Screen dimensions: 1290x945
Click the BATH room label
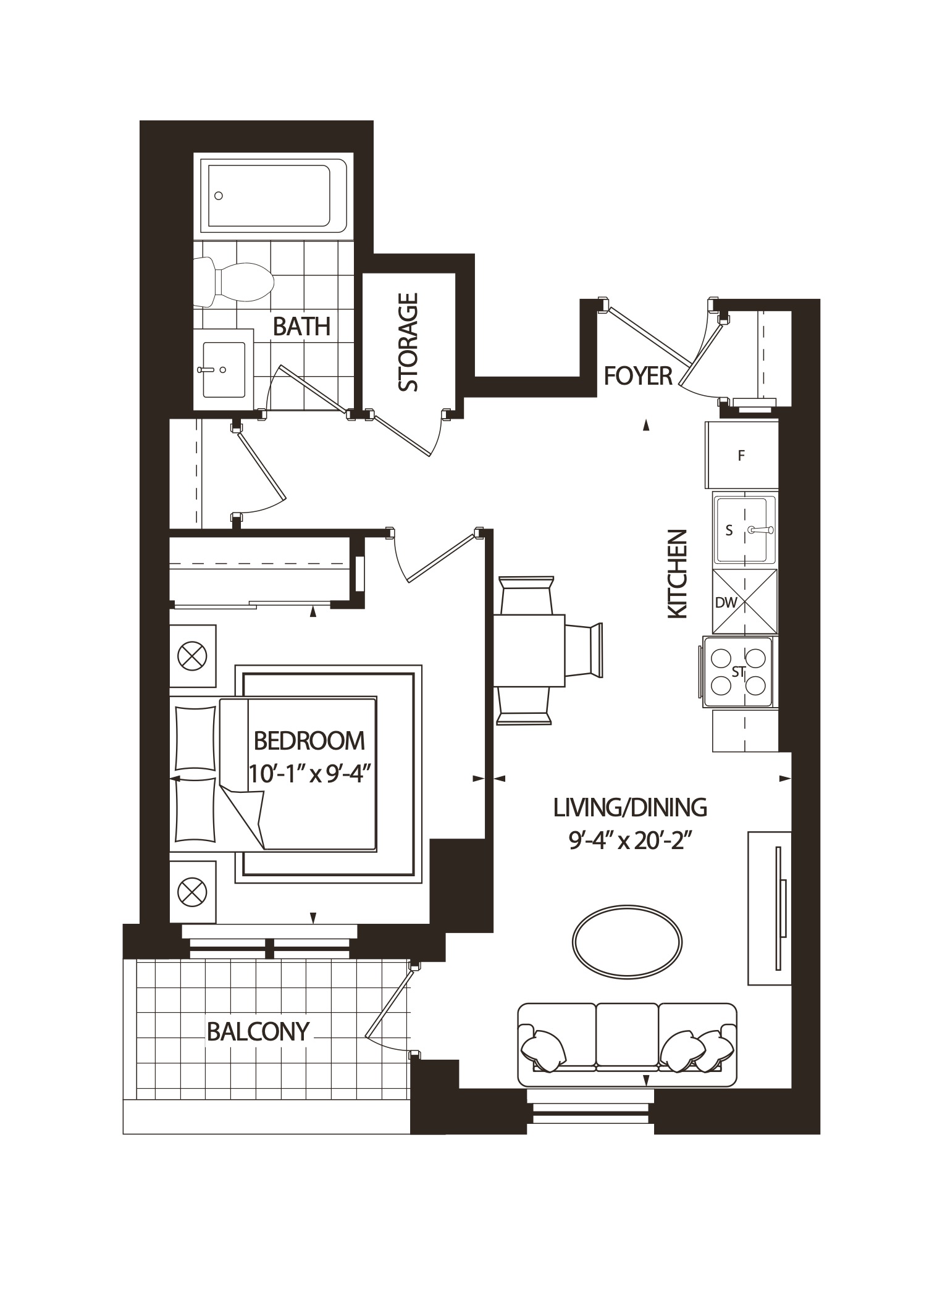(301, 326)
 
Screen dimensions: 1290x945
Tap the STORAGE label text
(408, 342)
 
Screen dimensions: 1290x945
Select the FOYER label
(637, 375)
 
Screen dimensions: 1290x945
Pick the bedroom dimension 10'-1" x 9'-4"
(311, 773)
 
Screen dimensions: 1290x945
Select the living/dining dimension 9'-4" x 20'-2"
(629, 841)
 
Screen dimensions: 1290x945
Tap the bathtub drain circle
(218, 196)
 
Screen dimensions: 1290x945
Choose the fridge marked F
(741, 456)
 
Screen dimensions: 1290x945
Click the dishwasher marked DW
(744, 601)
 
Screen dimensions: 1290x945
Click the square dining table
(529, 650)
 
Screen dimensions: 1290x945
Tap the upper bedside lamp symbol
(192, 656)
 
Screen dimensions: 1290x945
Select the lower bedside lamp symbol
(192, 892)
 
